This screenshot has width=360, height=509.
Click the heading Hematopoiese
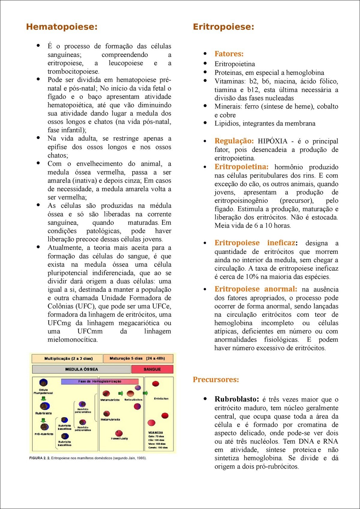62,27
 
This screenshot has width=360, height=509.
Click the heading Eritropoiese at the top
223,27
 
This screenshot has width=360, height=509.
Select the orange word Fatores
229,54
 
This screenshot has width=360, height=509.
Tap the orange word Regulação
234,141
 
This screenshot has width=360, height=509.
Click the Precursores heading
216,380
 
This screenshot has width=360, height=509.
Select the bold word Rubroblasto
236,399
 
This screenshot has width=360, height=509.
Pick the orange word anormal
280,289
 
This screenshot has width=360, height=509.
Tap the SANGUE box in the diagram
152,369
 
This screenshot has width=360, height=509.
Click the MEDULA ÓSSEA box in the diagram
81,369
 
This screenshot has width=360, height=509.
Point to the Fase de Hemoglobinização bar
100,381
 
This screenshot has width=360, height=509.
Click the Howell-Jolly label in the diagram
119,439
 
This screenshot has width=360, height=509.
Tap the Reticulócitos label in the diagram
133,400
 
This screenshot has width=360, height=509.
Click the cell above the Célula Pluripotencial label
43,382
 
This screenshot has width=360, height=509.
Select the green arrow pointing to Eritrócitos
145,393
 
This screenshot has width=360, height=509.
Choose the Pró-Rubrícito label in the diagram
44,434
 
